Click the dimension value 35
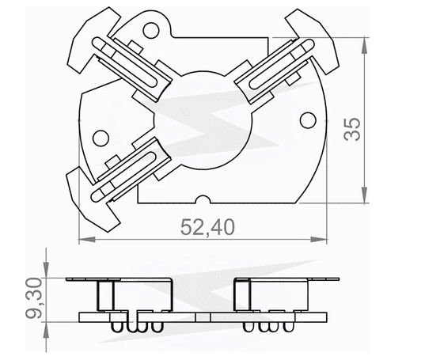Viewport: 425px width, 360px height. pos(355,129)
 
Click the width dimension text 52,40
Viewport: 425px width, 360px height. pos(207,228)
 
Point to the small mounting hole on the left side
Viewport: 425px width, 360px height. pos(99,138)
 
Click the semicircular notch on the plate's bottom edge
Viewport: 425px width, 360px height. pos(204,200)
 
